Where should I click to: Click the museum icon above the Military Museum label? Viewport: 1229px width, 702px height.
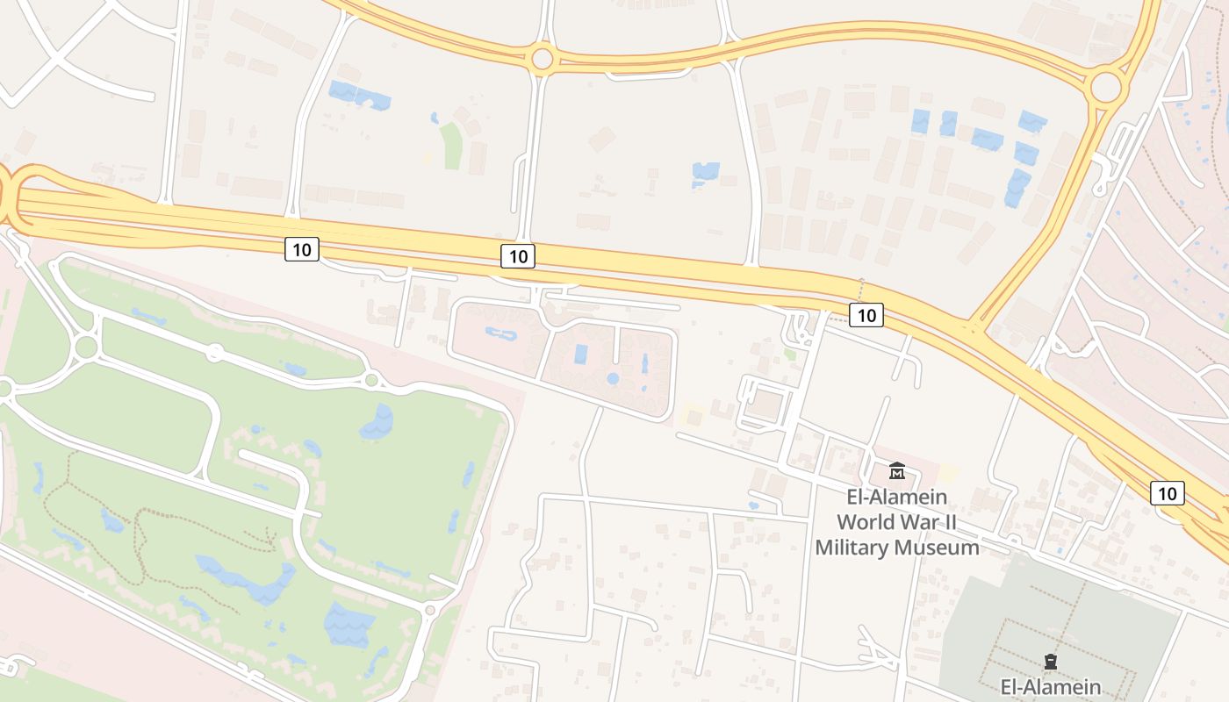pyautogui.click(x=896, y=470)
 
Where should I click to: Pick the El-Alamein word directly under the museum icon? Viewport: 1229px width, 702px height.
pyautogui.click(x=896, y=497)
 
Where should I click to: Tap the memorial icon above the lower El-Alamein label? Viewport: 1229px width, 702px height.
pyautogui.click(x=1050, y=661)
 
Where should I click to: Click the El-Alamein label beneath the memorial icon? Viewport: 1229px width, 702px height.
pyautogui.click(x=1051, y=685)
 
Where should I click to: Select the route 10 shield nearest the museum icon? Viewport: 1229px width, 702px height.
pyautogui.click(x=866, y=315)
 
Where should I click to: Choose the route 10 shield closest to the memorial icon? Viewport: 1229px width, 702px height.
pyautogui.click(x=1167, y=493)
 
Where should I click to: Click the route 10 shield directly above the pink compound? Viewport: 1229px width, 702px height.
pyautogui.click(x=518, y=256)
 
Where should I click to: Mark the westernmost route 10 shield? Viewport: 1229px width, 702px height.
pyautogui.click(x=301, y=250)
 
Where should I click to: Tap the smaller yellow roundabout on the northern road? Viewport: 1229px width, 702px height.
pyautogui.click(x=542, y=59)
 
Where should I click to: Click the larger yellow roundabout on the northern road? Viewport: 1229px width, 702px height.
pyautogui.click(x=1106, y=87)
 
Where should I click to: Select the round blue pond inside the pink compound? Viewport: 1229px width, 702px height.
pyautogui.click(x=613, y=379)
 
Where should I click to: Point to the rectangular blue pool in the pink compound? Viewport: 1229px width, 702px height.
pyautogui.click(x=580, y=355)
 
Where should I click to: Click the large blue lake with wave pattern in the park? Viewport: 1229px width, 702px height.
pyautogui.click(x=349, y=625)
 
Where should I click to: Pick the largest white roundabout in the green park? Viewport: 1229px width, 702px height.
pyautogui.click(x=85, y=347)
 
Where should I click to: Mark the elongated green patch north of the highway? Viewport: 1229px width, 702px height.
pyautogui.click(x=451, y=146)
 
